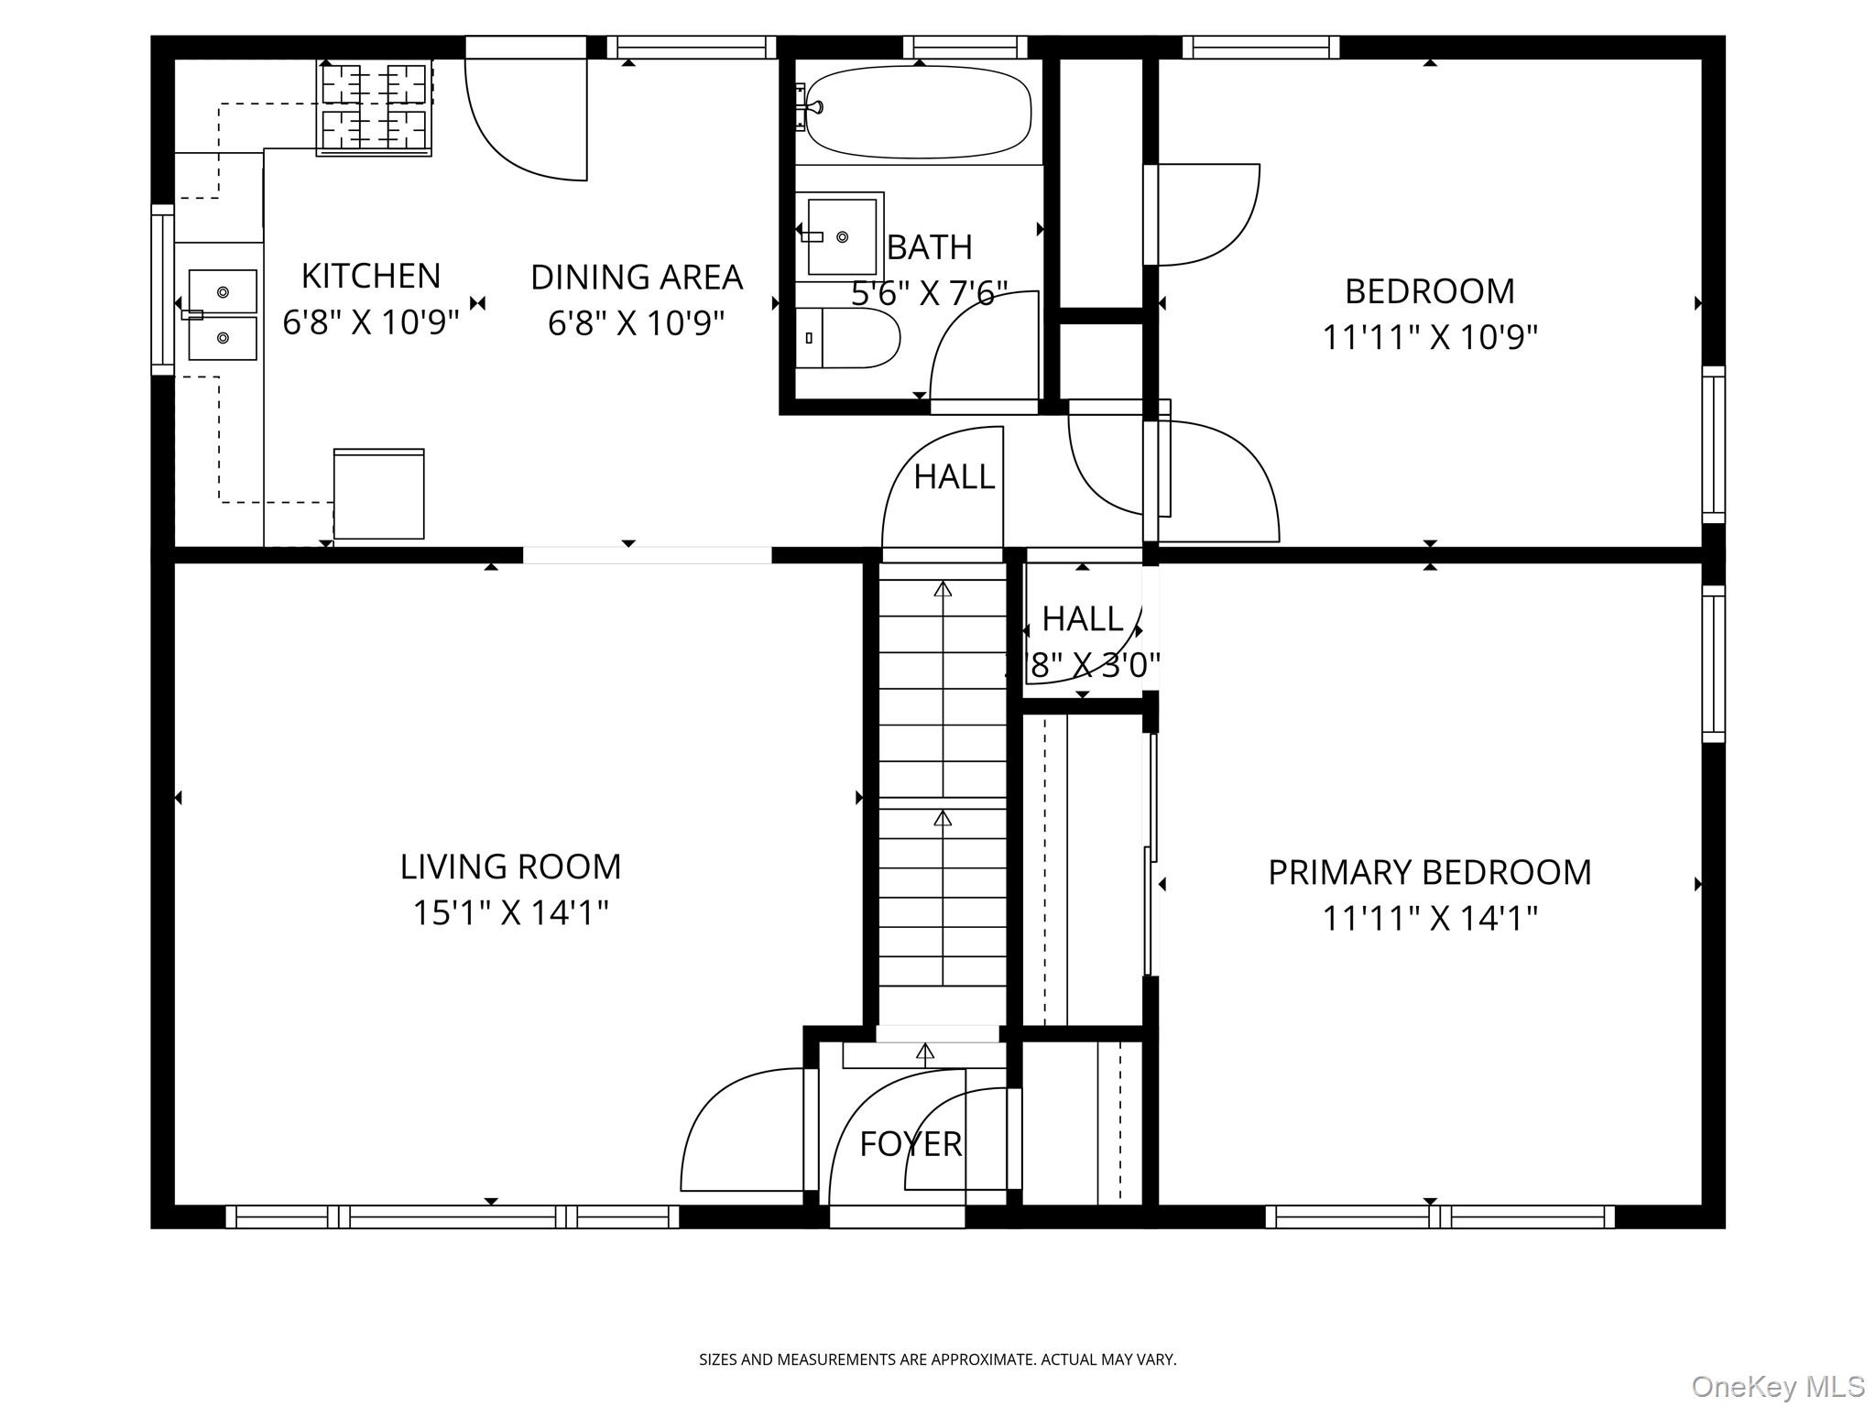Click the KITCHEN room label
[371, 276]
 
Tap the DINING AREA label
[637, 278]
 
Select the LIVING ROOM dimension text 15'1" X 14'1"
[510, 913]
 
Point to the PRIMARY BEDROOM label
[1429, 873]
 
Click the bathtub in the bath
[919, 112]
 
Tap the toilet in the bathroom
[847, 338]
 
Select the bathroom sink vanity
[839, 235]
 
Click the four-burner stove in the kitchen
[375, 107]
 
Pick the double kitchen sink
[223, 315]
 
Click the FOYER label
[911, 1144]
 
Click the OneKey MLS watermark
[1777, 1386]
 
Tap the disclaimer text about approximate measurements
[937, 1359]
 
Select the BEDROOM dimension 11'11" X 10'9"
[1429, 338]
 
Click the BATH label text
[929, 247]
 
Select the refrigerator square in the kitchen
[378, 495]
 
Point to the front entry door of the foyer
[897, 1216]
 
